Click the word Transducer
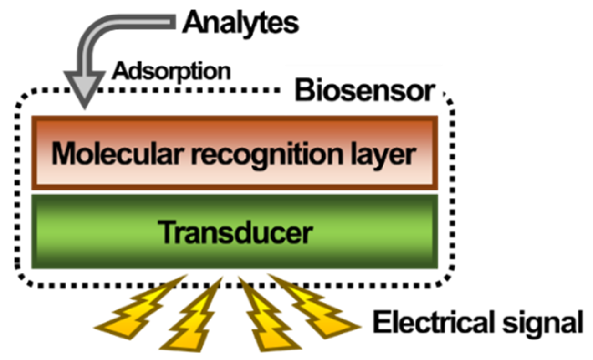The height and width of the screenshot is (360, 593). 237,233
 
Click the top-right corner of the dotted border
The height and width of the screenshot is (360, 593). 449,98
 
